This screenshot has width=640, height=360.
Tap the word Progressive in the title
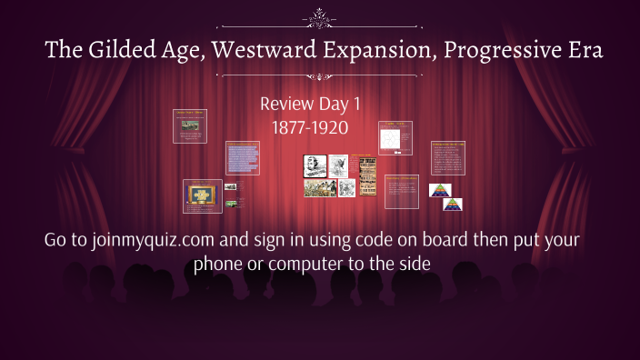[505, 51]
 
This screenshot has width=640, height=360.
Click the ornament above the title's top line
[320, 15]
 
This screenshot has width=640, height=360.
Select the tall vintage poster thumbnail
[367, 175]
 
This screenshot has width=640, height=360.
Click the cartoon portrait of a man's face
[315, 166]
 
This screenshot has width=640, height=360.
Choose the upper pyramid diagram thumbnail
[440, 190]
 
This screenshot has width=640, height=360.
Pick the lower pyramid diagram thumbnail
[453, 204]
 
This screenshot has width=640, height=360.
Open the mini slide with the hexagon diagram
[395, 138]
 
